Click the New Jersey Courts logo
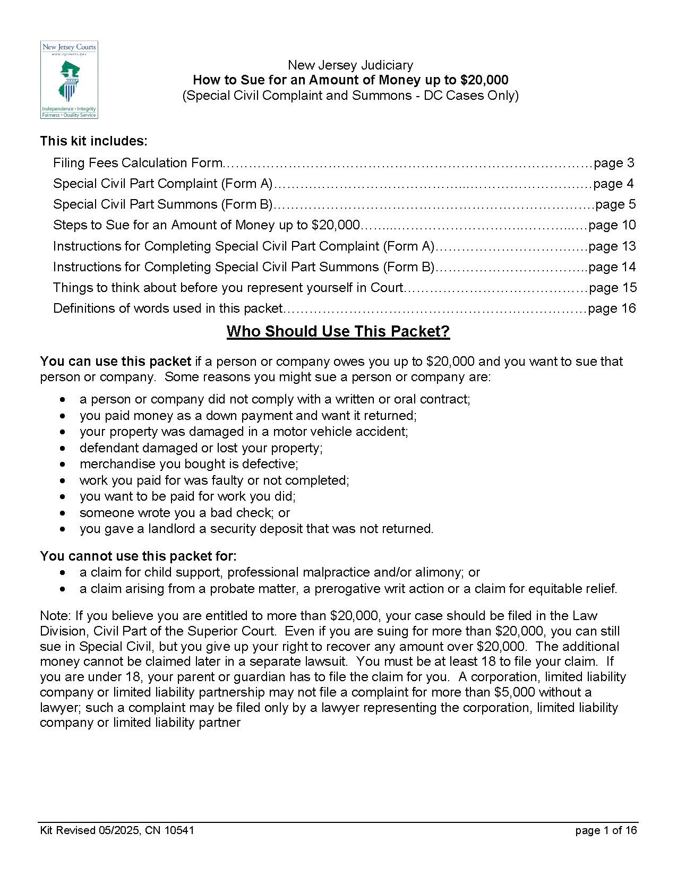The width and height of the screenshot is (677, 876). click(x=69, y=80)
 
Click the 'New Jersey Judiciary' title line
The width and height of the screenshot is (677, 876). click(x=350, y=65)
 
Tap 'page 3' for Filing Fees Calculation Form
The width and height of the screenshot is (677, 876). click(x=613, y=163)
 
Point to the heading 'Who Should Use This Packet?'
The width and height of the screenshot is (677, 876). click(x=338, y=331)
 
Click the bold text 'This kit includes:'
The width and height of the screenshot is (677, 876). click(x=93, y=141)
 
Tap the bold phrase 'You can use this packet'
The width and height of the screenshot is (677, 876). click(x=115, y=362)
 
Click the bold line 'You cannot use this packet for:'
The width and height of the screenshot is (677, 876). click(x=138, y=556)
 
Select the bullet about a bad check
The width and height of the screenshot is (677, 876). click(x=184, y=513)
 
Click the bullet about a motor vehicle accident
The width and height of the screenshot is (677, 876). click(x=244, y=432)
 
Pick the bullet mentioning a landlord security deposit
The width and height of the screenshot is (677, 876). click(x=256, y=529)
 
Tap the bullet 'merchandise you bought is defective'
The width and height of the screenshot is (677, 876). click(x=188, y=464)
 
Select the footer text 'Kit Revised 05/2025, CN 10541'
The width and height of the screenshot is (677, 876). click(x=117, y=830)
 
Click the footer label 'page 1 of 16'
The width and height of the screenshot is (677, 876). click(x=605, y=830)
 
